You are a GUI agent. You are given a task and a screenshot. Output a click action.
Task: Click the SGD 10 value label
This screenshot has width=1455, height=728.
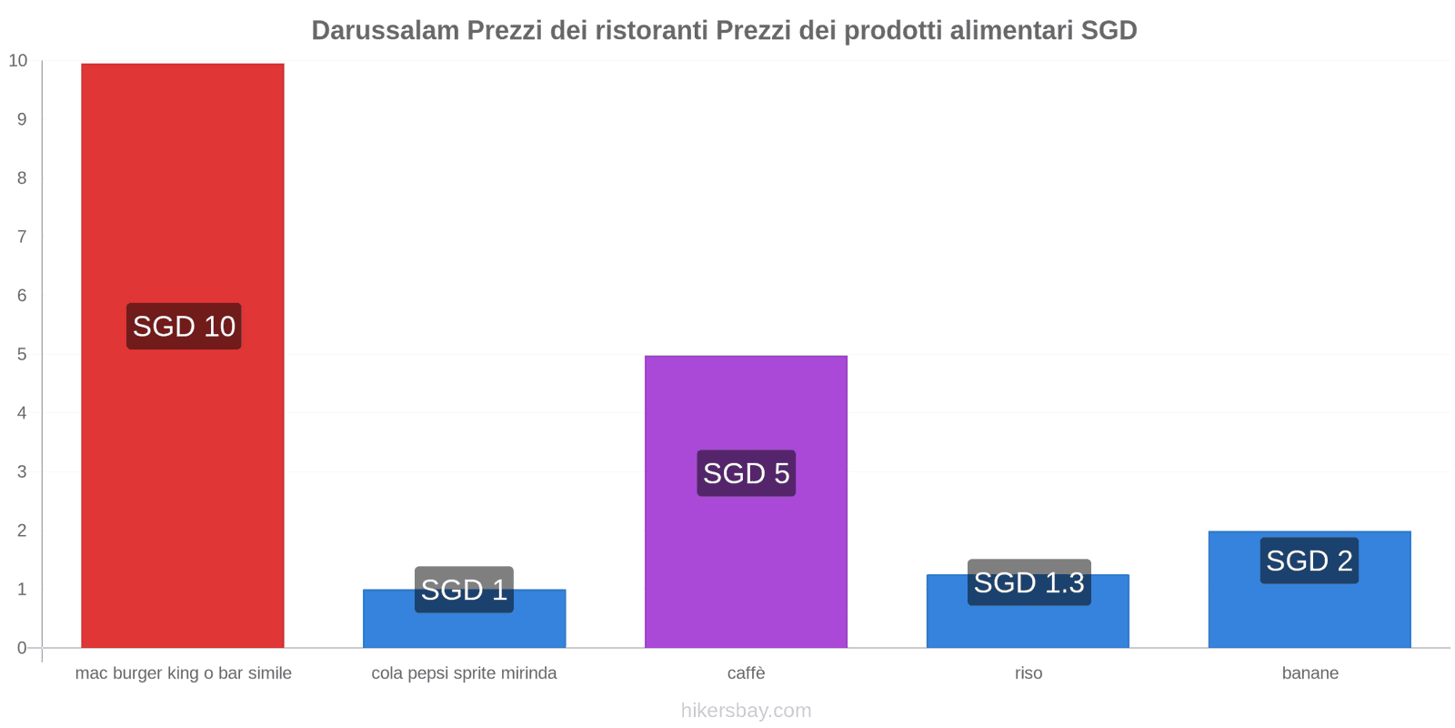click(x=184, y=326)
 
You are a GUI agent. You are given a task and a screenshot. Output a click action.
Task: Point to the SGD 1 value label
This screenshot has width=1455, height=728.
click(x=464, y=589)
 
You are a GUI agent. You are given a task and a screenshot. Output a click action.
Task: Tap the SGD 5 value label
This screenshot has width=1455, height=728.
click(x=746, y=473)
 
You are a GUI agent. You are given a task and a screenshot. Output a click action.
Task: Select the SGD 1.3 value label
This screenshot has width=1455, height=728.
click(x=1029, y=582)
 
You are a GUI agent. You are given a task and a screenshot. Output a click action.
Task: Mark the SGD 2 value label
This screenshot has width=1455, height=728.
click(x=1309, y=561)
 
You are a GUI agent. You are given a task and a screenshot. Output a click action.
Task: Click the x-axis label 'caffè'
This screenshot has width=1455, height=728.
click(x=746, y=673)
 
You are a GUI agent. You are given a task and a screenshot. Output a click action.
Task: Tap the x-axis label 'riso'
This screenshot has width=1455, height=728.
click(x=1029, y=673)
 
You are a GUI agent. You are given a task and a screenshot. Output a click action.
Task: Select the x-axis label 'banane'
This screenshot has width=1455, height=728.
click(x=1309, y=673)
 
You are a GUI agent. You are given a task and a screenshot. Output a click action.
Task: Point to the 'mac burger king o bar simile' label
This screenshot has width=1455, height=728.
click(x=184, y=673)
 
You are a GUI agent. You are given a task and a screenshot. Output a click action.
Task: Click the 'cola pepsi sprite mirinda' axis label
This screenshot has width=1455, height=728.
click(x=464, y=673)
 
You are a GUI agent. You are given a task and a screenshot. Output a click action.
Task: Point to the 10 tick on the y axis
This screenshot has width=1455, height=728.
click(x=18, y=61)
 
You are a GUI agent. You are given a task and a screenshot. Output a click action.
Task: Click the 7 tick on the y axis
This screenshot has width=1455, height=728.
click(x=22, y=237)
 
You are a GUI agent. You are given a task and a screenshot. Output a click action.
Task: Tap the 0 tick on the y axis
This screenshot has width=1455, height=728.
click(x=22, y=648)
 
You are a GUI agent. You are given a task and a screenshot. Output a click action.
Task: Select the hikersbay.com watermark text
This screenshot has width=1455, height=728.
click(x=746, y=711)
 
